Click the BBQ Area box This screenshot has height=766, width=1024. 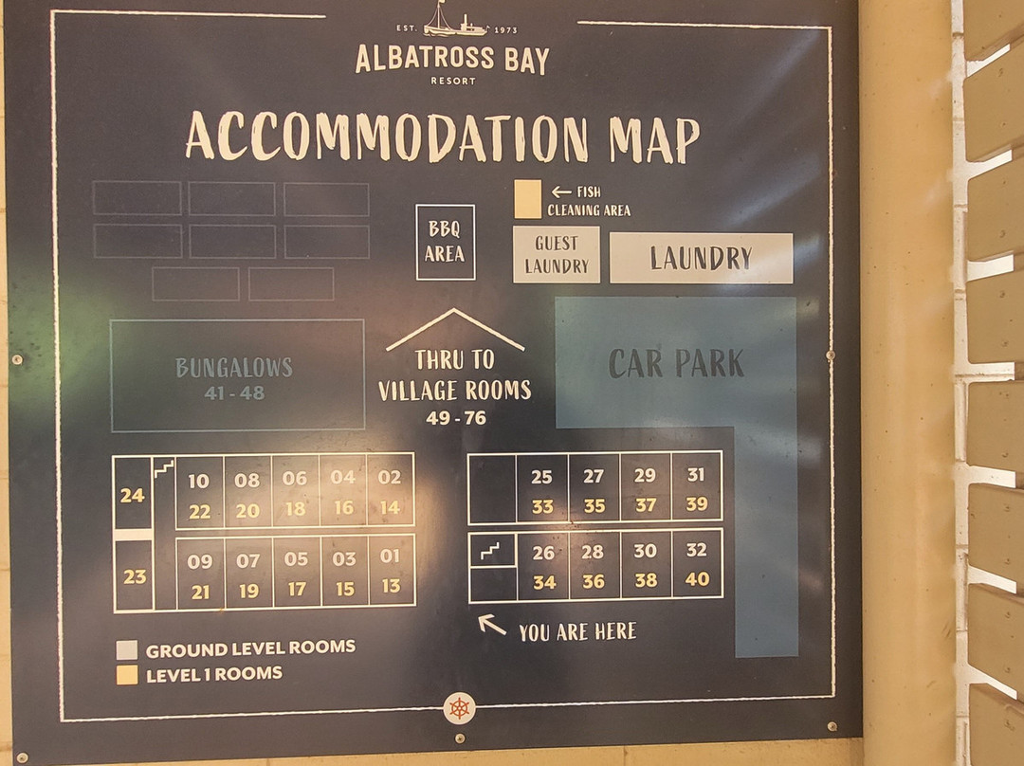click(445, 243)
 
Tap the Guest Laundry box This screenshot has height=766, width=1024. click(557, 254)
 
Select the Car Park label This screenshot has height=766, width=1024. click(676, 363)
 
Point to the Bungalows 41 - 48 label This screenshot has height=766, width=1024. click(234, 377)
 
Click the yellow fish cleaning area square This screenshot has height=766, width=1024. click(527, 199)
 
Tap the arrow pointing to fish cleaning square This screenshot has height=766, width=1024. click(560, 191)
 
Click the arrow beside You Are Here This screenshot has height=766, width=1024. click(491, 624)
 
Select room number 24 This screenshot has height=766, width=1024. click(132, 495)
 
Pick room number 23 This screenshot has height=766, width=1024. click(135, 575)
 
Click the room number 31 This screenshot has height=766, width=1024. click(696, 475)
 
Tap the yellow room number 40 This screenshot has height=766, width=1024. click(697, 580)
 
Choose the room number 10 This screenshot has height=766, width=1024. click(198, 481)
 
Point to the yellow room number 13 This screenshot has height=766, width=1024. click(391, 587)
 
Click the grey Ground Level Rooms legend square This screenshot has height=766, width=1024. click(126, 650)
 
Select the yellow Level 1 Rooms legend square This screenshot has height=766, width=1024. click(126, 675)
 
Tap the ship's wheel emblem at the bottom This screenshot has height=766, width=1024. click(459, 707)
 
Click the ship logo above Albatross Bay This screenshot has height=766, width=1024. click(451, 20)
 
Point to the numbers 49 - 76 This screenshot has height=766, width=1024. click(455, 417)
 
